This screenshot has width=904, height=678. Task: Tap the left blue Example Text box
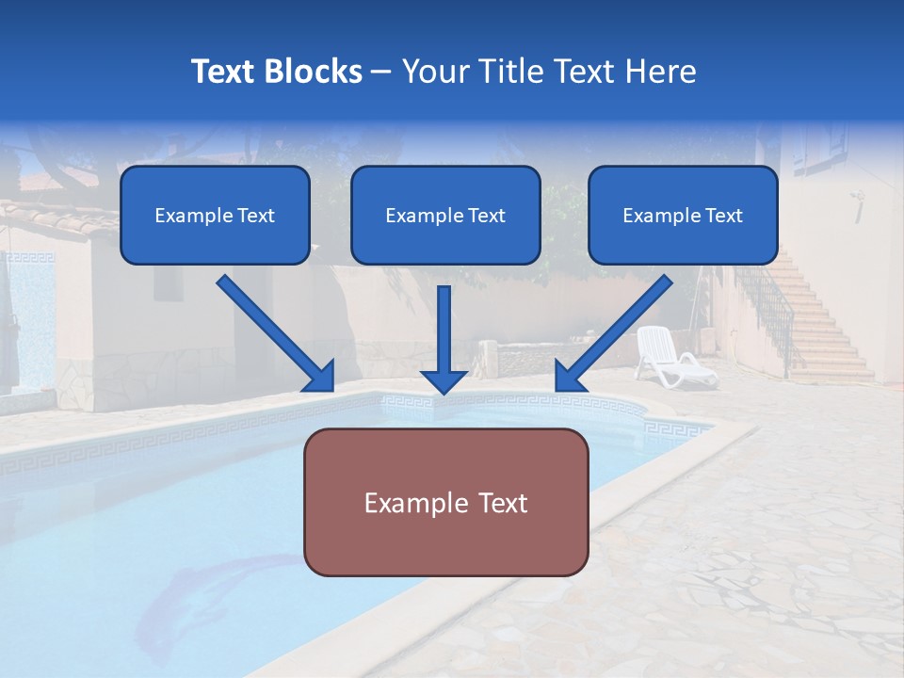click(x=215, y=216)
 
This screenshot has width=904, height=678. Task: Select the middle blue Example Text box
click(x=445, y=216)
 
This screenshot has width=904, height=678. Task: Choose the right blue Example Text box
click(x=683, y=216)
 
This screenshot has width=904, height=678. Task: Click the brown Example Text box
click(x=445, y=502)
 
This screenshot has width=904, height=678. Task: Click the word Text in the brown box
click(x=501, y=503)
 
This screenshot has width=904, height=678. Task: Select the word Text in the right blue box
click(x=724, y=216)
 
